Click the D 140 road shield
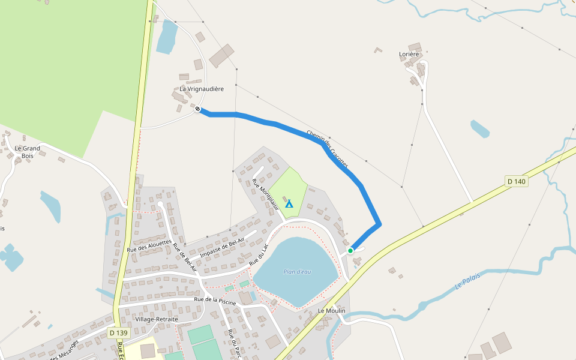516,181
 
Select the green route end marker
350,250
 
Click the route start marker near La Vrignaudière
197,109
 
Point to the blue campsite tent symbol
289,203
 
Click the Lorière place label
409,54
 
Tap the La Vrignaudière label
202,89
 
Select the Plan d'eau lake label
297,272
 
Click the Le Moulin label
332,311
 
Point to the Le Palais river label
468,282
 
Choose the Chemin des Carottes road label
327,148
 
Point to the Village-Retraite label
157,319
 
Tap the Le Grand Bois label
28,152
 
